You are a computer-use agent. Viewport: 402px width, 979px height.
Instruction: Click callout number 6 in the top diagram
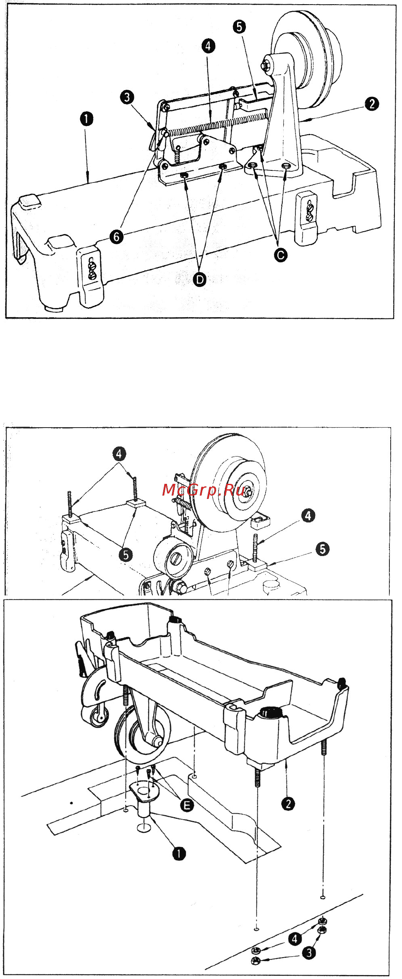tap(117, 237)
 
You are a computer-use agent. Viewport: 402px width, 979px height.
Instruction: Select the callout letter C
tap(281, 255)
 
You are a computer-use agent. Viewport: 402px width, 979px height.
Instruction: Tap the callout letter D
tap(200, 279)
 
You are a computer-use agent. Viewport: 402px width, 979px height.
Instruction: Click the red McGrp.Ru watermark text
tap(203, 490)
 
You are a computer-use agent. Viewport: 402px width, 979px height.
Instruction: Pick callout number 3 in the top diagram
tap(127, 97)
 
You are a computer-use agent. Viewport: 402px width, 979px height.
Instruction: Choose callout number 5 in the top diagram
tap(239, 27)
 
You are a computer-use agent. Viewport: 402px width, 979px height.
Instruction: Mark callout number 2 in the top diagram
tap(371, 104)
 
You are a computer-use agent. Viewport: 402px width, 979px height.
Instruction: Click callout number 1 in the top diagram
tap(86, 119)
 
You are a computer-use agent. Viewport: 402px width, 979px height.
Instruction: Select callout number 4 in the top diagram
tap(208, 46)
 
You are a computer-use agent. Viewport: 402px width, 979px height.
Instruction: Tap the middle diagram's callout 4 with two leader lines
tap(119, 454)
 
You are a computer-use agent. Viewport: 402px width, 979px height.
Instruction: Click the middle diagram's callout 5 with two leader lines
tap(125, 555)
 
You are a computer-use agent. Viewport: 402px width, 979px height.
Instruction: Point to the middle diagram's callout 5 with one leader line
tap(322, 549)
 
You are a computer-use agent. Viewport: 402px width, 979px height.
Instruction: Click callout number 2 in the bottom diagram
tap(288, 804)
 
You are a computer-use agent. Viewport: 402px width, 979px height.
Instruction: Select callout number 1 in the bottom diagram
tap(179, 853)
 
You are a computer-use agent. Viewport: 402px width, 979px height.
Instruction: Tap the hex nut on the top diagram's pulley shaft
tap(266, 65)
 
